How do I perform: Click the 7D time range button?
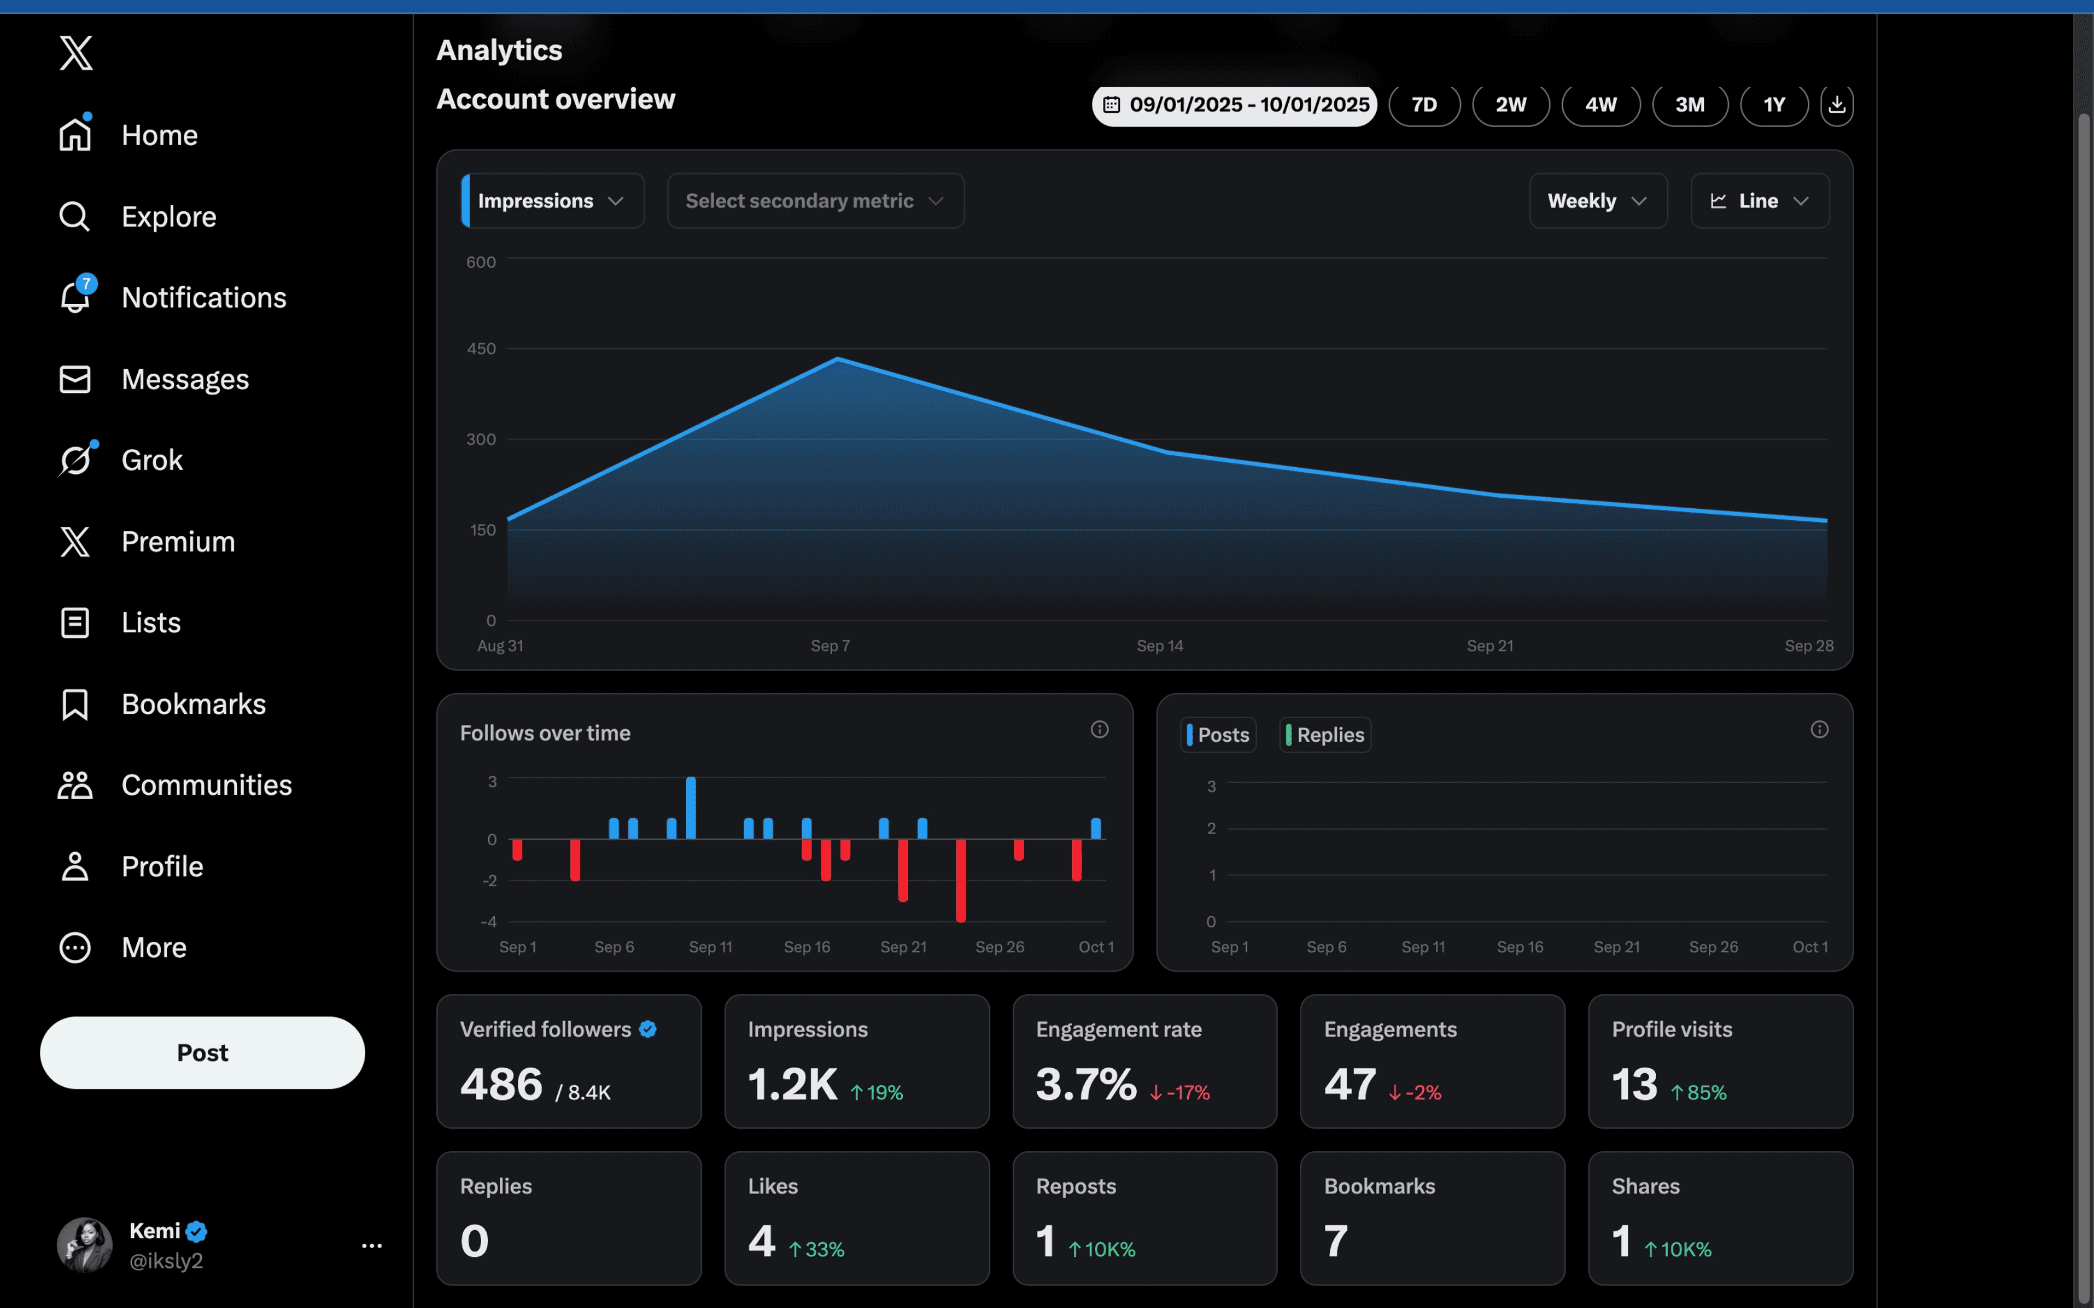pyautogui.click(x=1423, y=105)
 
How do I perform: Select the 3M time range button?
pyautogui.click(x=1689, y=105)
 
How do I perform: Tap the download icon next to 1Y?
pyautogui.click(x=1836, y=105)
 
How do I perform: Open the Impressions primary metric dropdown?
pyautogui.click(x=552, y=201)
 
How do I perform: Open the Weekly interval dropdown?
pyautogui.click(x=1597, y=201)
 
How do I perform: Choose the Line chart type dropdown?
pyautogui.click(x=1759, y=201)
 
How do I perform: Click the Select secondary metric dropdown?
pyautogui.click(x=815, y=201)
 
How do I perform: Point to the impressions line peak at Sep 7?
pyautogui.click(x=837, y=358)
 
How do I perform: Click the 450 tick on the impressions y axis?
pyautogui.click(x=481, y=349)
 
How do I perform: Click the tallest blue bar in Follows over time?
pyautogui.click(x=691, y=807)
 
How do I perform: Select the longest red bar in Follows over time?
pyautogui.click(x=960, y=879)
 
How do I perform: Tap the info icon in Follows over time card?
pyautogui.click(x=1099, y=729)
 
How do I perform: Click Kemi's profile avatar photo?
pyautogui.click(x=84, y=1245)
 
